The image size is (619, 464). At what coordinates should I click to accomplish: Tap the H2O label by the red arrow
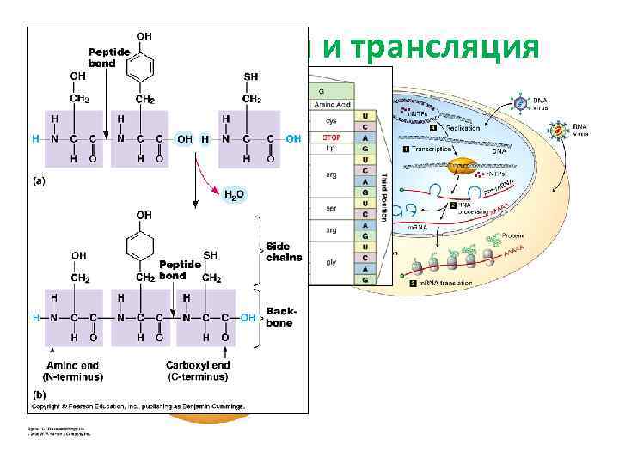coord(235,194)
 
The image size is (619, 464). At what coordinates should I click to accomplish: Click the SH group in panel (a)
coord(251,76)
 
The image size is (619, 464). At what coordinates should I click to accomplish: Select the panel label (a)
coord(39,182)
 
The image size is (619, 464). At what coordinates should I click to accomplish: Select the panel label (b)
coord(39,394)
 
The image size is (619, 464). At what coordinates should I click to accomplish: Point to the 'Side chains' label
coord(284,252)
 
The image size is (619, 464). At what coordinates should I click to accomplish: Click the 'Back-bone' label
coord(279,317)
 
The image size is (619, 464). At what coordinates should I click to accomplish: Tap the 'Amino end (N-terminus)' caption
coord(72,370)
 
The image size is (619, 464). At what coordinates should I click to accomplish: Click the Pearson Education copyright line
coord(138,406)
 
